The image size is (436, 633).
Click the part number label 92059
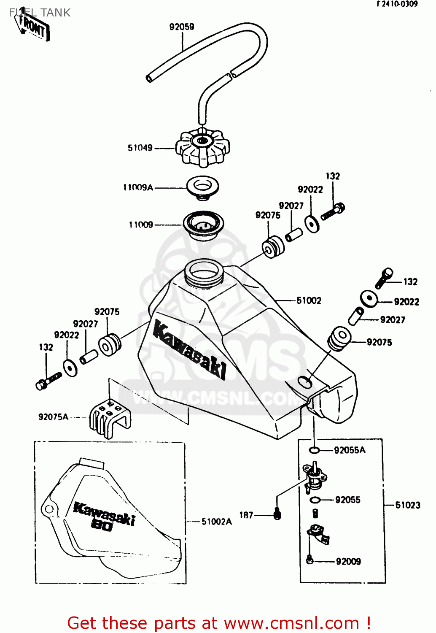[x=182, y=27]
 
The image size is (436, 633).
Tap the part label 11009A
[x=138, y=187]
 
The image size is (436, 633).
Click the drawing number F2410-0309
[x=397, y=4]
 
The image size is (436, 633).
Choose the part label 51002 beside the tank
[x=309, y=300]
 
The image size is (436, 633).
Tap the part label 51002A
[x=217, y=522]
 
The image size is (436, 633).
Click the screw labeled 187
[x=277, y=514]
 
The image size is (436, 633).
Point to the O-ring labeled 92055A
[x=314, y=450]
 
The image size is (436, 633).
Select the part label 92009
[x=348, y=561]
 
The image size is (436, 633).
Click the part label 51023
[x=408, y=505]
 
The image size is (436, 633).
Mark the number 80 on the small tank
[x=102, y=525]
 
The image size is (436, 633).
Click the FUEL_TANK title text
[x=40, y=13]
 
